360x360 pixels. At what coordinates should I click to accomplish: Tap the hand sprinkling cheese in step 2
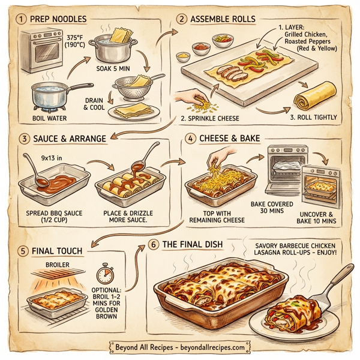coord(189,96)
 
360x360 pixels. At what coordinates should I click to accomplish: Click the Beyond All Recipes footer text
coord(179,347)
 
